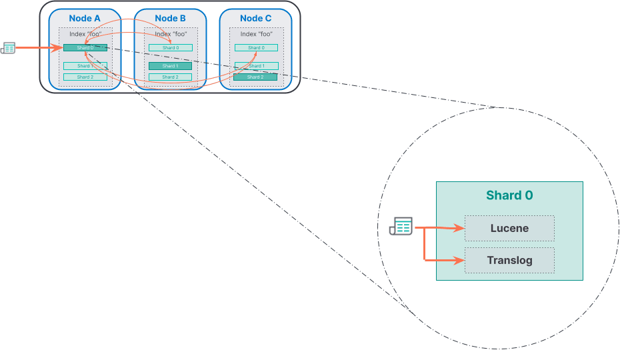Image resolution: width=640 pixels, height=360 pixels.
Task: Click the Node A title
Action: coord(85,18)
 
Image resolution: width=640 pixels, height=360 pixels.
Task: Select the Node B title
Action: coord(170,18)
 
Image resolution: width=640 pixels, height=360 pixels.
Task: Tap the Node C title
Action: coord(256,18)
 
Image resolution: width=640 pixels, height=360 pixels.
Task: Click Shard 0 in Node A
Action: coord(85,47)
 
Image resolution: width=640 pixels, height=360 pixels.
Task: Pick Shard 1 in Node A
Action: coord(85,66)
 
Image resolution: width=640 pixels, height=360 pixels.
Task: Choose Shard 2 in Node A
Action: coord(85,77)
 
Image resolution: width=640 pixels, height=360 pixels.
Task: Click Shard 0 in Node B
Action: coord(171,47)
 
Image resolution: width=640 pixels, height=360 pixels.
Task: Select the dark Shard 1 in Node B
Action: coord(171,66)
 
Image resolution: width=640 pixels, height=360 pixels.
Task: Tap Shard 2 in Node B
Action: coord(171,77)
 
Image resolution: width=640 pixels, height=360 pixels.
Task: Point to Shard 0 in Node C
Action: coord(256,47)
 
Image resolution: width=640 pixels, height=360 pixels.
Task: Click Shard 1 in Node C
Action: coord(256,66)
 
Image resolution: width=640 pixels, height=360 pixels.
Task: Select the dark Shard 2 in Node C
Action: coord(256,77)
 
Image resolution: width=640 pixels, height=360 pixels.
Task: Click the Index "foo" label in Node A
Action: coord(85,33)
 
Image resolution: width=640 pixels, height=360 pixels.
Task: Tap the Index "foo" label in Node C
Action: coord(257,33)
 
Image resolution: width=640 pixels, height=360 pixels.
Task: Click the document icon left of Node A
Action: coord(8,47)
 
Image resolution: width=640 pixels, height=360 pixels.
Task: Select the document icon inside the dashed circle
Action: coord(401,227)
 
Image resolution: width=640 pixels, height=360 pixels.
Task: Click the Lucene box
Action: coord(509,228)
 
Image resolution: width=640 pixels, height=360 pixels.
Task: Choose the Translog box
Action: coord(509,260)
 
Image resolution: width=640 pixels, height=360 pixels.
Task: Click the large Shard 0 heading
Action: coord(509,195)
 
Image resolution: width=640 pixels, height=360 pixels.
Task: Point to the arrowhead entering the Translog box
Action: coord(461,261)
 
